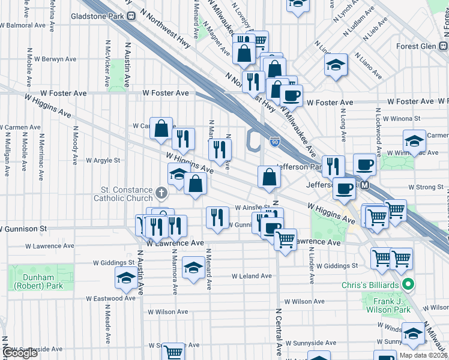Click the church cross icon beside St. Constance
point(160,193)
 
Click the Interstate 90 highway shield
point(274,142)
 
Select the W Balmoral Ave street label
point(23,26)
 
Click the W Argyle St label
point(103,160)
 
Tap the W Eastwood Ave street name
point(110,298)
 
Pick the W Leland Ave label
point(252,276)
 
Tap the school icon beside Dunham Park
point(125,278)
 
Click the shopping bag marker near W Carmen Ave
point(161,128)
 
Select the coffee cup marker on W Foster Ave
point(291,95)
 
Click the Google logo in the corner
point(20,353)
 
